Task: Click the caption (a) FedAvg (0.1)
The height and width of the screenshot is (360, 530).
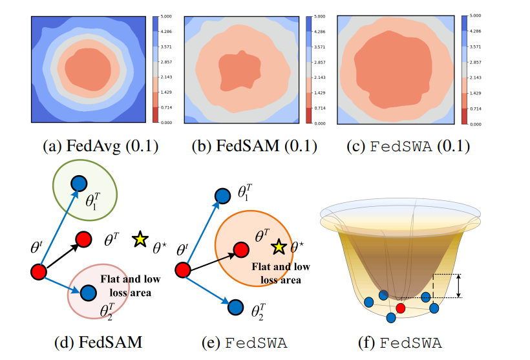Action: coord(100,146)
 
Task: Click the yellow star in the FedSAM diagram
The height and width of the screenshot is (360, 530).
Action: coord(139,240)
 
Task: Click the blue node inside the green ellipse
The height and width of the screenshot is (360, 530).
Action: coord(79,184)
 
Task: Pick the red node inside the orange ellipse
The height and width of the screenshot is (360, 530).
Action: coord(240,249)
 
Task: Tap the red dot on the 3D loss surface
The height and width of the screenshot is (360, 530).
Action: coord(401,308)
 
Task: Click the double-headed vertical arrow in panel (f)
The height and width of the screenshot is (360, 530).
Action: coord(458,286)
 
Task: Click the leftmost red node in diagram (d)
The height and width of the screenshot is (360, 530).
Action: coord(39,272)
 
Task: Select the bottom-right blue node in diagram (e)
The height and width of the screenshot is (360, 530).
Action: coord(235,306)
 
